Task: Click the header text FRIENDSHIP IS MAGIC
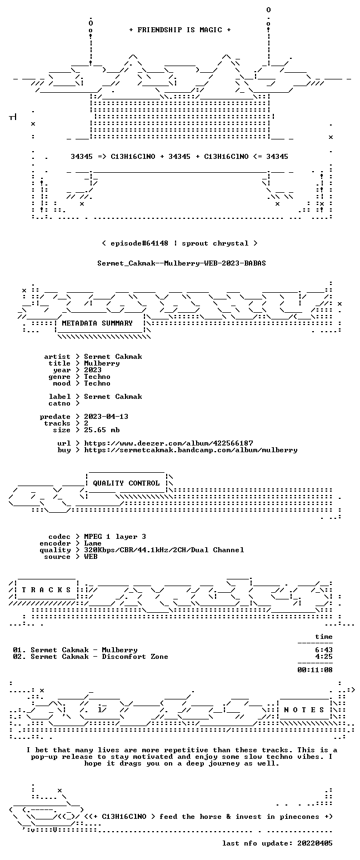pos(180,30)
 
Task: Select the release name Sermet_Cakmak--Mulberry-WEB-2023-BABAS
pos(182,263)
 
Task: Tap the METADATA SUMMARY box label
pos(97,323)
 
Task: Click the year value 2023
pos(93,370)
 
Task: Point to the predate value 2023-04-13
pos(106,417)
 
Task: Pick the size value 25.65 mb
pos(102,430)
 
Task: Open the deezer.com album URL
pos(168,443)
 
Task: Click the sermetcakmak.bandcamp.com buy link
pos(191,450)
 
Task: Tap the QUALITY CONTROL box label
pos(126,483)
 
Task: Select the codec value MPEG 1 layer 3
pos(115,537)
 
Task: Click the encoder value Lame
pos(93,543)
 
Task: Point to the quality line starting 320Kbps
pos(164,550)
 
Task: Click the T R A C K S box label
pos(47,590)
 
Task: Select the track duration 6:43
pos(324,650)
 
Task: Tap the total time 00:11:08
pos(315,670)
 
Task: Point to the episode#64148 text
pos(139,243)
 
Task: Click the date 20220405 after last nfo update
pos(315,843)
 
